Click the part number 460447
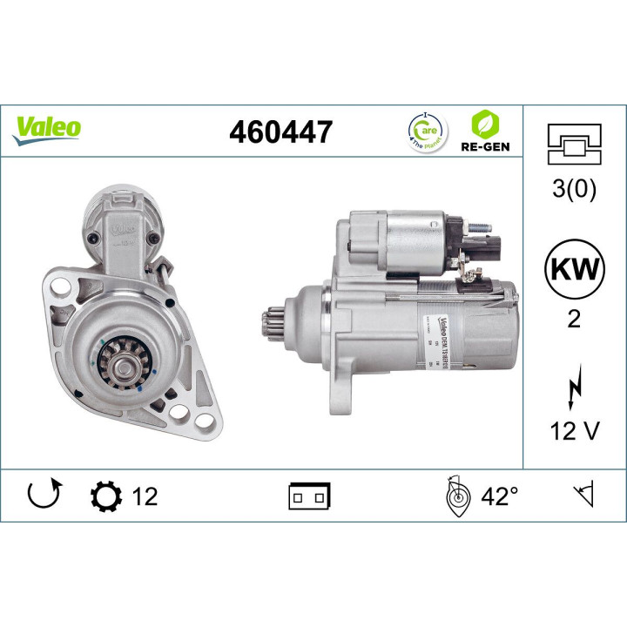click(x=280, y=132)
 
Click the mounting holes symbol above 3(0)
click(x=574, y=144)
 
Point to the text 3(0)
click(x=574, y=190)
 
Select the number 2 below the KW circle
click(x=574, y=319)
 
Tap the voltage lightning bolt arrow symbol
click(x=574, y=385)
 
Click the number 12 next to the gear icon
click(x=145, y=496)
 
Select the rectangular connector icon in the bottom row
click(x=309, y=496)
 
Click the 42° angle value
click(x=499, y=496)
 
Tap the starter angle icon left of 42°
click(x=455, y=496)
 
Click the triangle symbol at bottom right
click(x=582, y=496)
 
